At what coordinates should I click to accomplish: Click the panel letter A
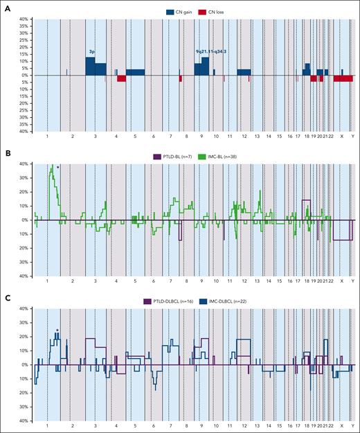click(5, 4)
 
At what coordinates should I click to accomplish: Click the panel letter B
click(5, 150)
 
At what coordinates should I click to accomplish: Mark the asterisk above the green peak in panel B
click(58, 168)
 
